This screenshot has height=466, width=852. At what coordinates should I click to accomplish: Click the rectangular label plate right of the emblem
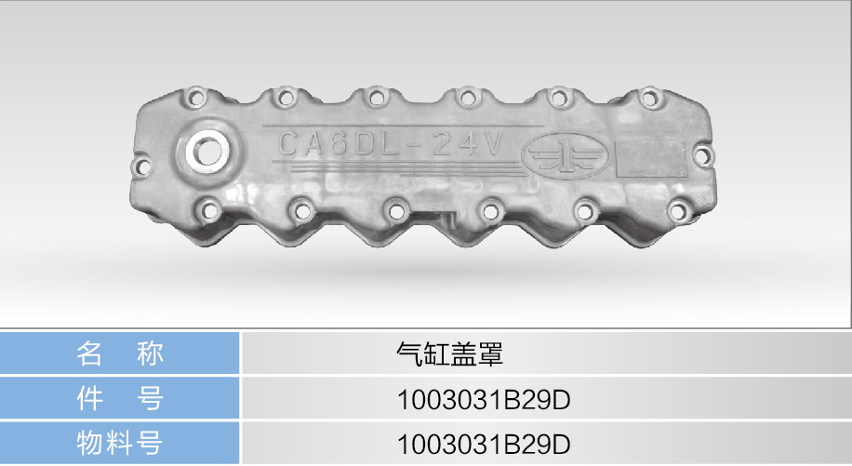click(x=649, y=158)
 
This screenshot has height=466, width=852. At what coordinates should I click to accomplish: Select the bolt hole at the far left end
click(x=142, y=166)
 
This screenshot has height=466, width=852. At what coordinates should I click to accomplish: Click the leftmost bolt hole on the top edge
click(x=195, y=99)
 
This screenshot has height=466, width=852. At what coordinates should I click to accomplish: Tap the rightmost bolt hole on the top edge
click(x=649, y=99)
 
